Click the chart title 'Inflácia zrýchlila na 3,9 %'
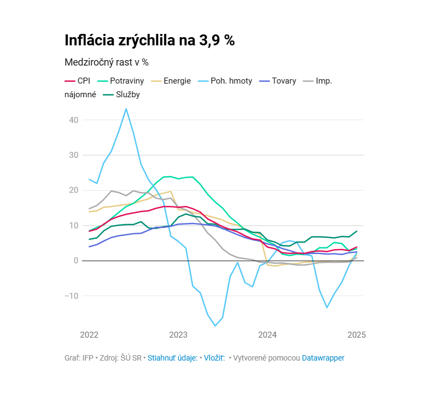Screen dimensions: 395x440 pyautogui.click(x=149, y=40)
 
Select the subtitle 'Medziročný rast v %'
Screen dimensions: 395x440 pyautogui.click(x=107, y=62)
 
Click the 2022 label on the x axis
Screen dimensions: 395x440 pyautogui.click(x=90, y=334)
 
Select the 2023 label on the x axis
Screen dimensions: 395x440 pyautogui.click(x=178, y=334)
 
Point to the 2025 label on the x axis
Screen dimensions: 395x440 pyautogui.click(x=356, y=334)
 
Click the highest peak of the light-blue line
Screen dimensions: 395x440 pyautogui.click(x=126, y=109)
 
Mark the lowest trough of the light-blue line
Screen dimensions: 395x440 pyautogui.click(x=215, y=326)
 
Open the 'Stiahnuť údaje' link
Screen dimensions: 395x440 pyautogui.click(x=172, y=358)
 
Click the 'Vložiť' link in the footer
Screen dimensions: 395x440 pyautogui.click(x=214, y=358)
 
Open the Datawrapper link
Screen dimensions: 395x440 pyautogui.click(x=323, y=358)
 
